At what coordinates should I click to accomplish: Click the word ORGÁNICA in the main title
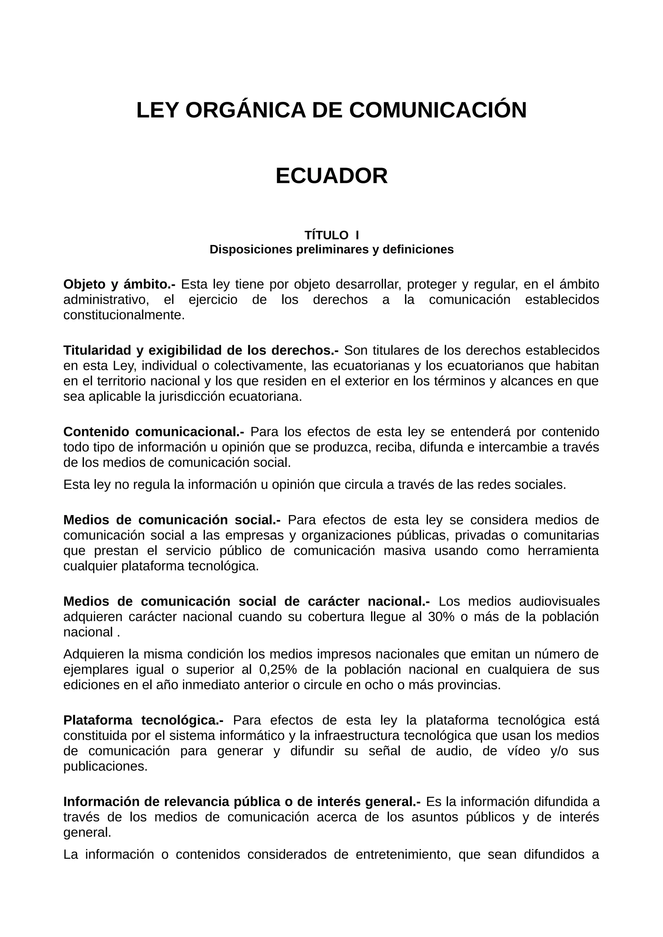(x=245, y=110)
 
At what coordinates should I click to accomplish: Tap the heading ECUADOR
(x=331, y=176)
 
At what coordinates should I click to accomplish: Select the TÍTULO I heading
(x=331, y=235)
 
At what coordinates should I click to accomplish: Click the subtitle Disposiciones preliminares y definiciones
(x=331, y=249)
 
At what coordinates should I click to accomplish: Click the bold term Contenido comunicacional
(x=153, y=432)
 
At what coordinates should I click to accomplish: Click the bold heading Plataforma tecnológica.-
(x=143, y=720)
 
